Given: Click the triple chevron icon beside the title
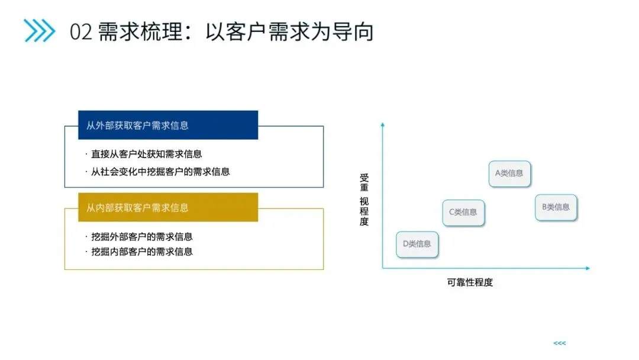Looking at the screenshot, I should pos(39,31).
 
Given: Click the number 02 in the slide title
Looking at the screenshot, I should pos(81,32).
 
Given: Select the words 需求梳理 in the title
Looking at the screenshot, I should pos(141,32).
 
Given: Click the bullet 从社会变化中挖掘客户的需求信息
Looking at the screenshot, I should pos(160,172).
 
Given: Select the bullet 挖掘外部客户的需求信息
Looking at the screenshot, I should pos(141,236).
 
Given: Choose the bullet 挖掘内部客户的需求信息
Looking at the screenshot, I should pos(141,251).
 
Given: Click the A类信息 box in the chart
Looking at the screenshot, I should pos(509,173).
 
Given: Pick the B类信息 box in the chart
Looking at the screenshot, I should pos(556,207).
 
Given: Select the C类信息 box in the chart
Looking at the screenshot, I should pos(463,212).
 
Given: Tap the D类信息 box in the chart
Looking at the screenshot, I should pos(417,243).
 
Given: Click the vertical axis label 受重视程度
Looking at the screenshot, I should pos(364,200).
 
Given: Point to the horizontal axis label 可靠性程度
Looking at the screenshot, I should pos(470,282).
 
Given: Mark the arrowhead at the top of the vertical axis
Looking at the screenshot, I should pos(383,124).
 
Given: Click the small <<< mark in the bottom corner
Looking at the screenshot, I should pos(559,343).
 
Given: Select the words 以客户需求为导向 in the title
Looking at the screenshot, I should pos(289,32).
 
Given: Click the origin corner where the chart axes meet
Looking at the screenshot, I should pos(383,268).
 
